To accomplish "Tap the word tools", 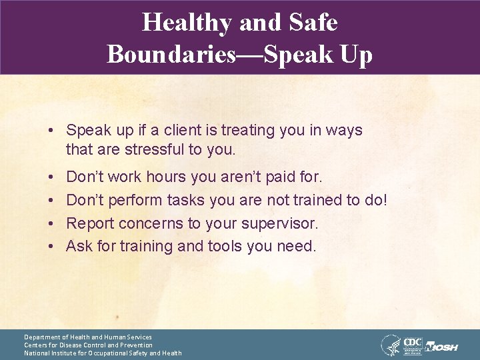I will [x=223, y=246].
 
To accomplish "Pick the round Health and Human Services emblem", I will [x=390, y=345].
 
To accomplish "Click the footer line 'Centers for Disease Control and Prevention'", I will [x=88, y=345].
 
